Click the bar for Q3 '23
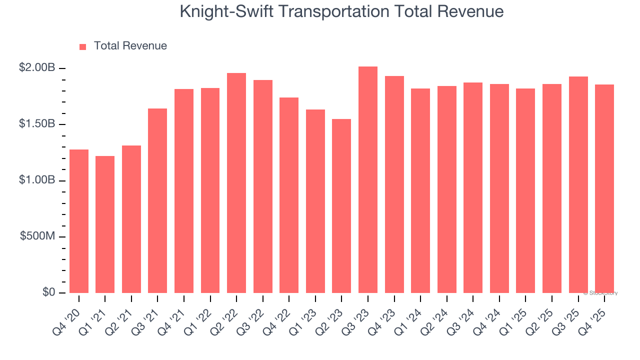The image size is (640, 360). click(368, 179)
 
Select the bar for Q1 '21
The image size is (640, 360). click(105, 224)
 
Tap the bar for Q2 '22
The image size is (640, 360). click(236, 183)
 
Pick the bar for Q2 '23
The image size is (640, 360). click(341, 206)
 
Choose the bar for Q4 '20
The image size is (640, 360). click(79, 221)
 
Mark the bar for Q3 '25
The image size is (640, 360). click(578, 184)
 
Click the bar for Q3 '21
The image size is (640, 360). click(157, 200)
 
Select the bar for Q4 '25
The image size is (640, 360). click(604, 188)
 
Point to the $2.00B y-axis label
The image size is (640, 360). click(37, 68)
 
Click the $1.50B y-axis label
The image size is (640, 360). click(37, 124)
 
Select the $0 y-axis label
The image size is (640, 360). click(48, 292)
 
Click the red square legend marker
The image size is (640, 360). click(83, 46)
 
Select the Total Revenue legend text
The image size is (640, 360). click(130, 46)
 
